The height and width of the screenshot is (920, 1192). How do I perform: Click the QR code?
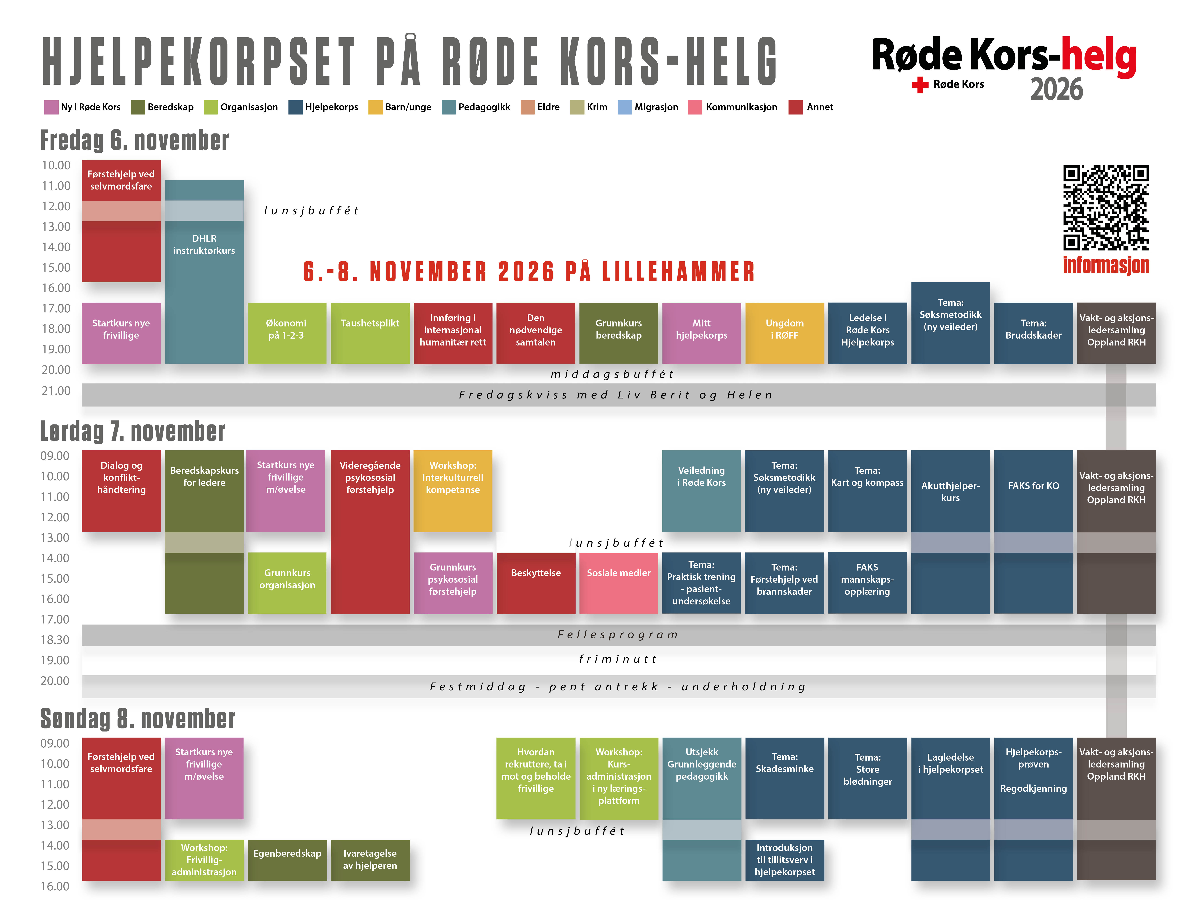coord(1106,208)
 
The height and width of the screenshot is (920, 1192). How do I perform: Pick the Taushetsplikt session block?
coord(370,333)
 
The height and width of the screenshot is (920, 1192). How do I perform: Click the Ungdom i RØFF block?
coord(784,333)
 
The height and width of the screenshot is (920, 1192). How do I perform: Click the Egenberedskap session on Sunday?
coord(287,860)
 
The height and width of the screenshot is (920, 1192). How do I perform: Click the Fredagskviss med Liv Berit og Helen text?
coord(616,395)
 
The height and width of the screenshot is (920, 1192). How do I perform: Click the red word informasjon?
coord(1106,265)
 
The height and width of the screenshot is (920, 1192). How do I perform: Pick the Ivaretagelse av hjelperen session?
coord(370,860)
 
